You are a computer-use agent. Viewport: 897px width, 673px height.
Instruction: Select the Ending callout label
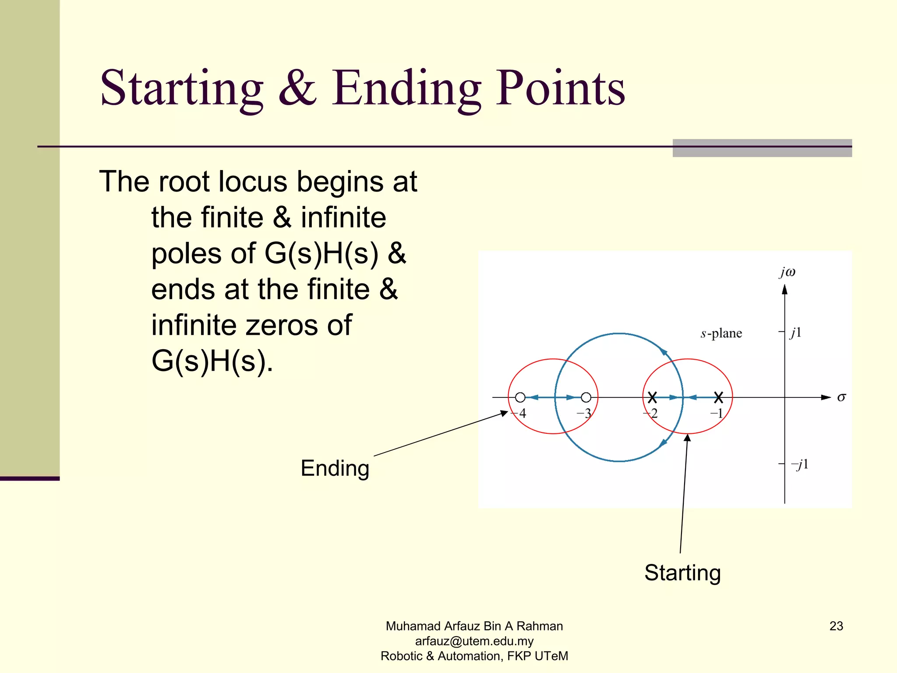335,468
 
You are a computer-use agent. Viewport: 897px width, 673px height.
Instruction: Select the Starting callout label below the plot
682,573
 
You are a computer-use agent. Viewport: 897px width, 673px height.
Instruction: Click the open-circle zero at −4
520,397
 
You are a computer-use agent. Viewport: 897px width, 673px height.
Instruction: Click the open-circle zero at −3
586,397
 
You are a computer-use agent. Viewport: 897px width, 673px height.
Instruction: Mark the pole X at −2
652,397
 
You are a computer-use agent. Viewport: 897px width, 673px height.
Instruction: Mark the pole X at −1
718,397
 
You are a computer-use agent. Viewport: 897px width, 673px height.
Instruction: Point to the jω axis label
787,272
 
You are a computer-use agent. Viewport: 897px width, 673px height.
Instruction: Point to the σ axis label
841,397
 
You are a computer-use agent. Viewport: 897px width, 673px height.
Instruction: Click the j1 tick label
795,333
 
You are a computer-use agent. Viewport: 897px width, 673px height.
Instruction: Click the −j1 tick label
799,464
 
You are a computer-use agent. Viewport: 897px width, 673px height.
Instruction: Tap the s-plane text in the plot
721,333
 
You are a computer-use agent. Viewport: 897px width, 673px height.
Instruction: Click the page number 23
836,626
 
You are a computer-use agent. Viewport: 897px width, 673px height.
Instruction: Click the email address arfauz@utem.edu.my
474,641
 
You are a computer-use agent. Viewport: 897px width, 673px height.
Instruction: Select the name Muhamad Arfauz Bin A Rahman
474,626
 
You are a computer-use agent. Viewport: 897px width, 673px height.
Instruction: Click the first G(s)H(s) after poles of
321,253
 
